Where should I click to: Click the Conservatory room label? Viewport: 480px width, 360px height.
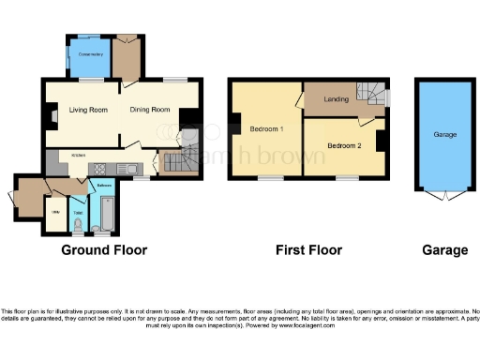[91, 54]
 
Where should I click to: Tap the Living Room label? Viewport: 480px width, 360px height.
[88, 110]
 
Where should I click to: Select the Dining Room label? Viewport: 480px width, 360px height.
[150, 110]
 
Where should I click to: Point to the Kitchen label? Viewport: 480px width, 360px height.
[79, 154]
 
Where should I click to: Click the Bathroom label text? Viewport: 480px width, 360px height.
[103, 186]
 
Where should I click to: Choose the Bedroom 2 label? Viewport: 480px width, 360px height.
[344, 145]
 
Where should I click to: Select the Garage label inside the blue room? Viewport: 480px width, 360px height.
[444, 135]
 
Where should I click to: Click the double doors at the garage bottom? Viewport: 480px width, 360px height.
[444, 197]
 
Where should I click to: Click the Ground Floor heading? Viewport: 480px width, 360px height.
[104, 250]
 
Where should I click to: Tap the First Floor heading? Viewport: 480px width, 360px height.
[308, 250]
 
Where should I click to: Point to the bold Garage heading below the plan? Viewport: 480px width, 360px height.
[444, 250]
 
